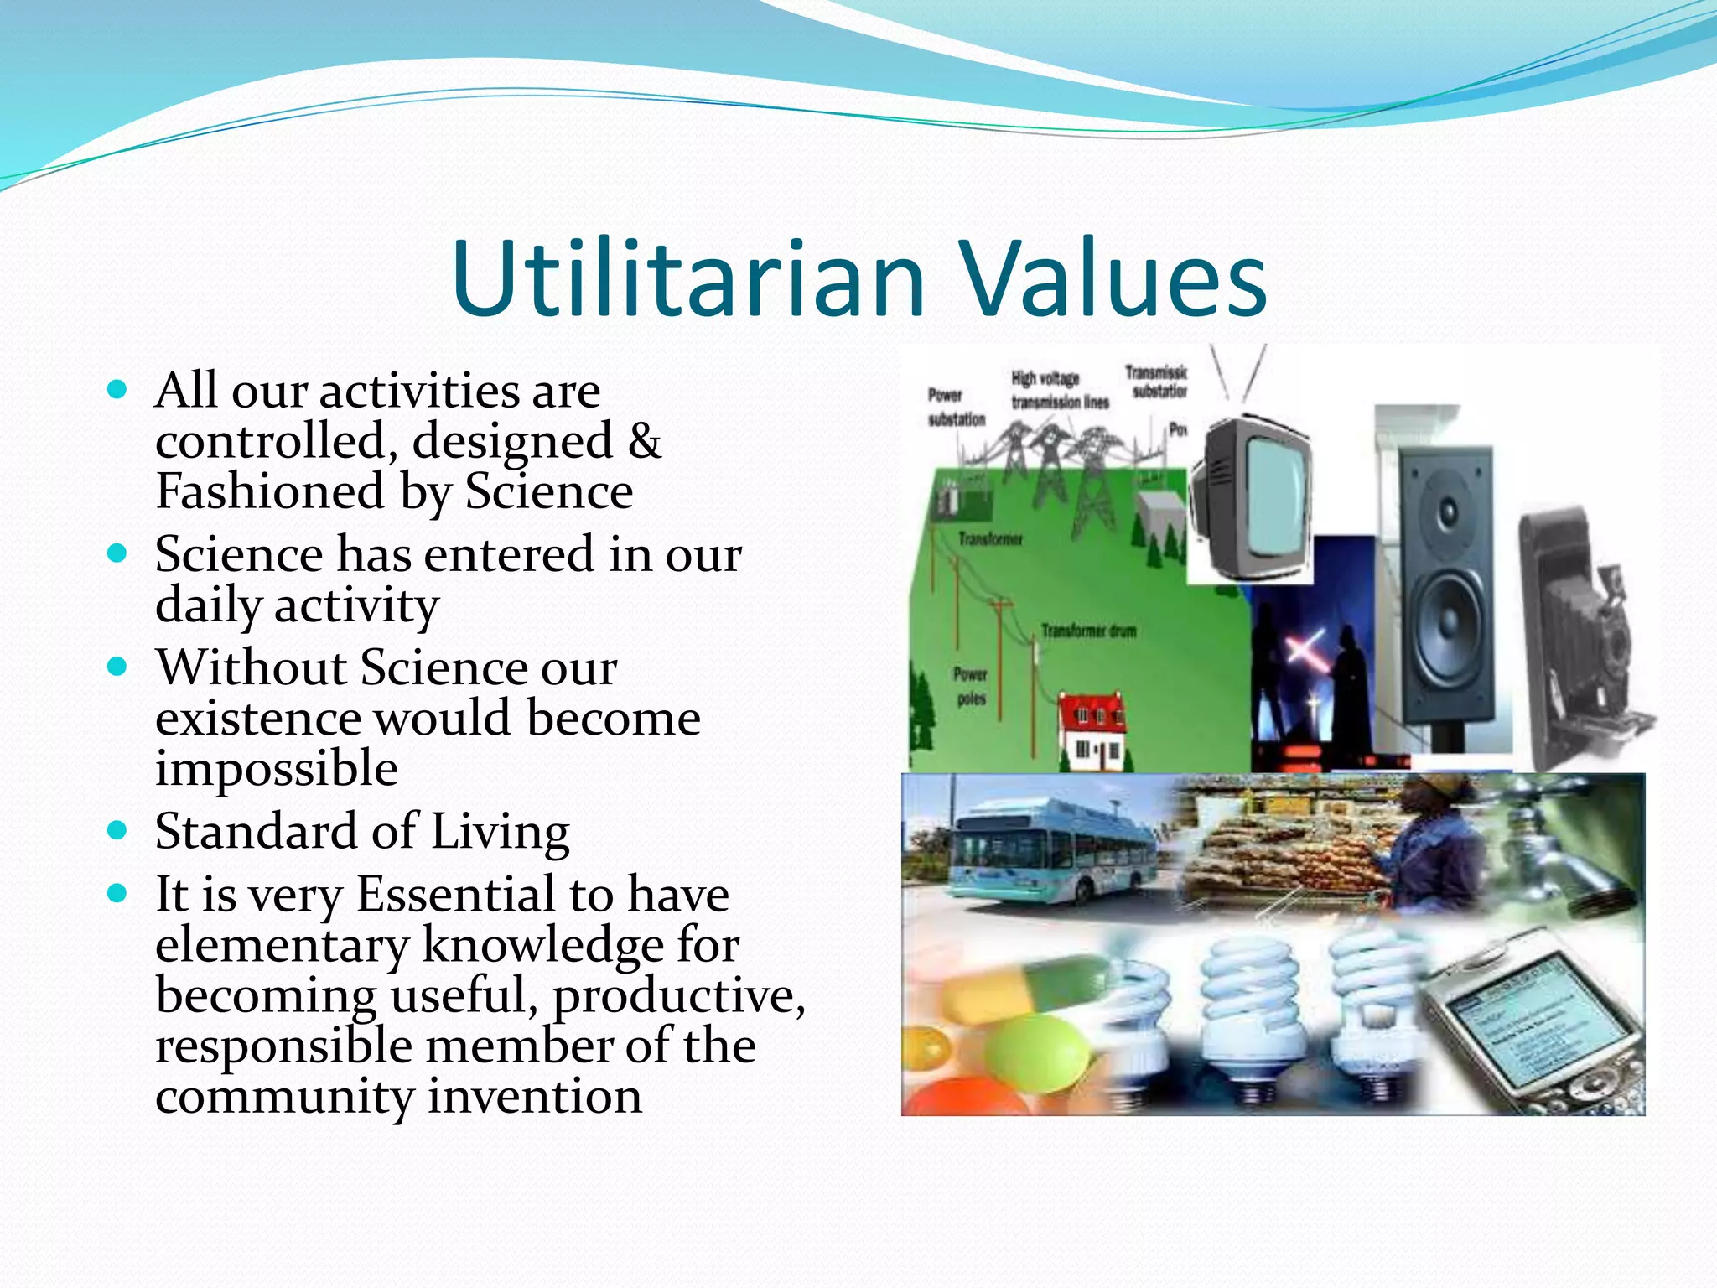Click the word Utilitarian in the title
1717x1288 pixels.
(687, 278)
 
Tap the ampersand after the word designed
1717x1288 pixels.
(644, 442)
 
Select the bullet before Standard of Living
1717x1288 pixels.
(117, 831)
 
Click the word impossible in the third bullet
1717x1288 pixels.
(276, 769)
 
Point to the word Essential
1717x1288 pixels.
(457, 894)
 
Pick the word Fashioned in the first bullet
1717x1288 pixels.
(269, 491)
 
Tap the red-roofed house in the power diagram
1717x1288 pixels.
(1091, 731)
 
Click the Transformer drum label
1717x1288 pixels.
(1088, 631)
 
